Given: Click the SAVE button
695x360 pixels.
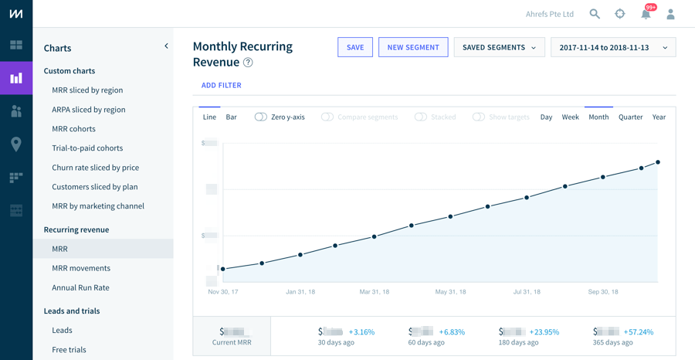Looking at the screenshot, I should [355, 47].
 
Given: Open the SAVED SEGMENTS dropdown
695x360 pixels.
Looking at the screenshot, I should [499, 47].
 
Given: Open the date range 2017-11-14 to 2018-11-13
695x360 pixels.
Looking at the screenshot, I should [613, 47].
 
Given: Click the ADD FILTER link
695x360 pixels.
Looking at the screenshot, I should [222, 85].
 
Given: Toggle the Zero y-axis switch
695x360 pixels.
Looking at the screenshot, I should [261, 117].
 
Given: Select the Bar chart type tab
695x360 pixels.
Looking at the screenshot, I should [231, 117].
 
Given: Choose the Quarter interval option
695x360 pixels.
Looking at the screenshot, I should [630, 117].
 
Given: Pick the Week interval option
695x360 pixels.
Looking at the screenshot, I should [570, 117].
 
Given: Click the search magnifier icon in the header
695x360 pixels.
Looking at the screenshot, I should [595, 14].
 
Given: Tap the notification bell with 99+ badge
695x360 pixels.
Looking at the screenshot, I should [646, 14].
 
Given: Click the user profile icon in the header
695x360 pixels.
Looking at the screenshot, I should [670, 14].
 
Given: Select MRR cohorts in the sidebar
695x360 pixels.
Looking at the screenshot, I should [73, 128].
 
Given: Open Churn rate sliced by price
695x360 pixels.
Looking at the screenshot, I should [95, 167].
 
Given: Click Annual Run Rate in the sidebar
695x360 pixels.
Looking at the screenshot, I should [80, 287].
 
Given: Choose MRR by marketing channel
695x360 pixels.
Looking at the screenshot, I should [97, 205].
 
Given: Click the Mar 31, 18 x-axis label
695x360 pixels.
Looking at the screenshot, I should [374, 292].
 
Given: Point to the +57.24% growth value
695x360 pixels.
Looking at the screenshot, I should [637, 332].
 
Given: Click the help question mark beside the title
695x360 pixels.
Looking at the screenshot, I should [248, 63].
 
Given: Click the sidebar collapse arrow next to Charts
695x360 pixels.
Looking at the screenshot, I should [166, 46].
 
